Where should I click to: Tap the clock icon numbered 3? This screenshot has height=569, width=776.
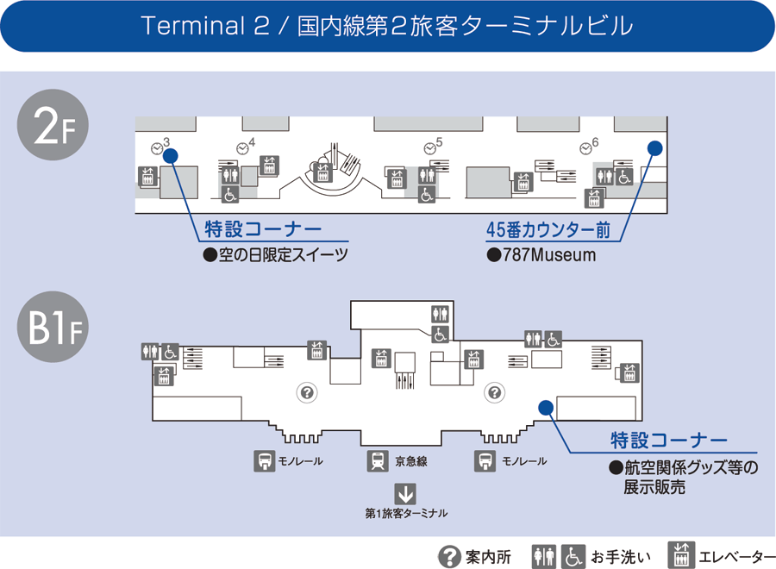point(157,148)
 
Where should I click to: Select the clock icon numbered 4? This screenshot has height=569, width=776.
point(243,148)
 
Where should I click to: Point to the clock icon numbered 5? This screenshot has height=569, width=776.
point(429,148)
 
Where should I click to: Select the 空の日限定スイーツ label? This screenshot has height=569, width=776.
point(276,255)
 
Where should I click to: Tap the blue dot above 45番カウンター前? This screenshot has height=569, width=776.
point(654,148)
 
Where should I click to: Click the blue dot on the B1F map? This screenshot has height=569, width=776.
point(545,407)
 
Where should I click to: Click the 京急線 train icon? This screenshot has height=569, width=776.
point(378,461)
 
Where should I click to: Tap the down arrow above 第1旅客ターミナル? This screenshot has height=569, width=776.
point(405,494)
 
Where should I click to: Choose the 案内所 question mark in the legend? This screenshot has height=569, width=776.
point(448,557)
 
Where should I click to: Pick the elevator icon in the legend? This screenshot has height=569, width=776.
point(682,557)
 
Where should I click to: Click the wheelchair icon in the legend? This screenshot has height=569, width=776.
point(573,557)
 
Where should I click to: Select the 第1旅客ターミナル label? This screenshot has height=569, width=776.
point(406,514)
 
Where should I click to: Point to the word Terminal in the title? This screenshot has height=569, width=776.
point(192,26)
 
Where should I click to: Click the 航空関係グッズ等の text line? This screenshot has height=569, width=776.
point(683,468)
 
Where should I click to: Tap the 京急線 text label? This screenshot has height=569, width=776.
point(411,461)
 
